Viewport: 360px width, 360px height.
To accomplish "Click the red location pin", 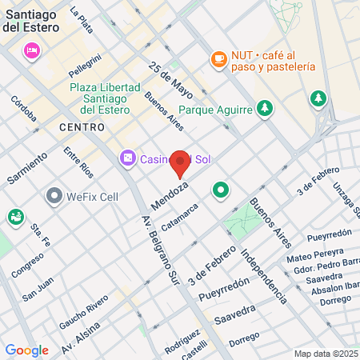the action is pyautogui.click(x=180, y=163).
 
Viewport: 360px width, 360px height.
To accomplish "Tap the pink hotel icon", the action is pyautogui.click(x=32, y=51).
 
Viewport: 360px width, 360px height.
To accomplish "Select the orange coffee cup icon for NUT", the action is pyautogui.click(x=218, y=58).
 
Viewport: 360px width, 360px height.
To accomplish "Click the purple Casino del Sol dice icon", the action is pyautogui.click(x=126, y=159).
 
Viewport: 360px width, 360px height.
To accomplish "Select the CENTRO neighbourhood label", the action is pyautogui.click(x=82, y=127).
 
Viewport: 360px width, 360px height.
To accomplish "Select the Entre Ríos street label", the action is pyautogui.click(x=78, y=162).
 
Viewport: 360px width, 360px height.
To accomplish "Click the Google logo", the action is pyautogui.click(x=26, y=350).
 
